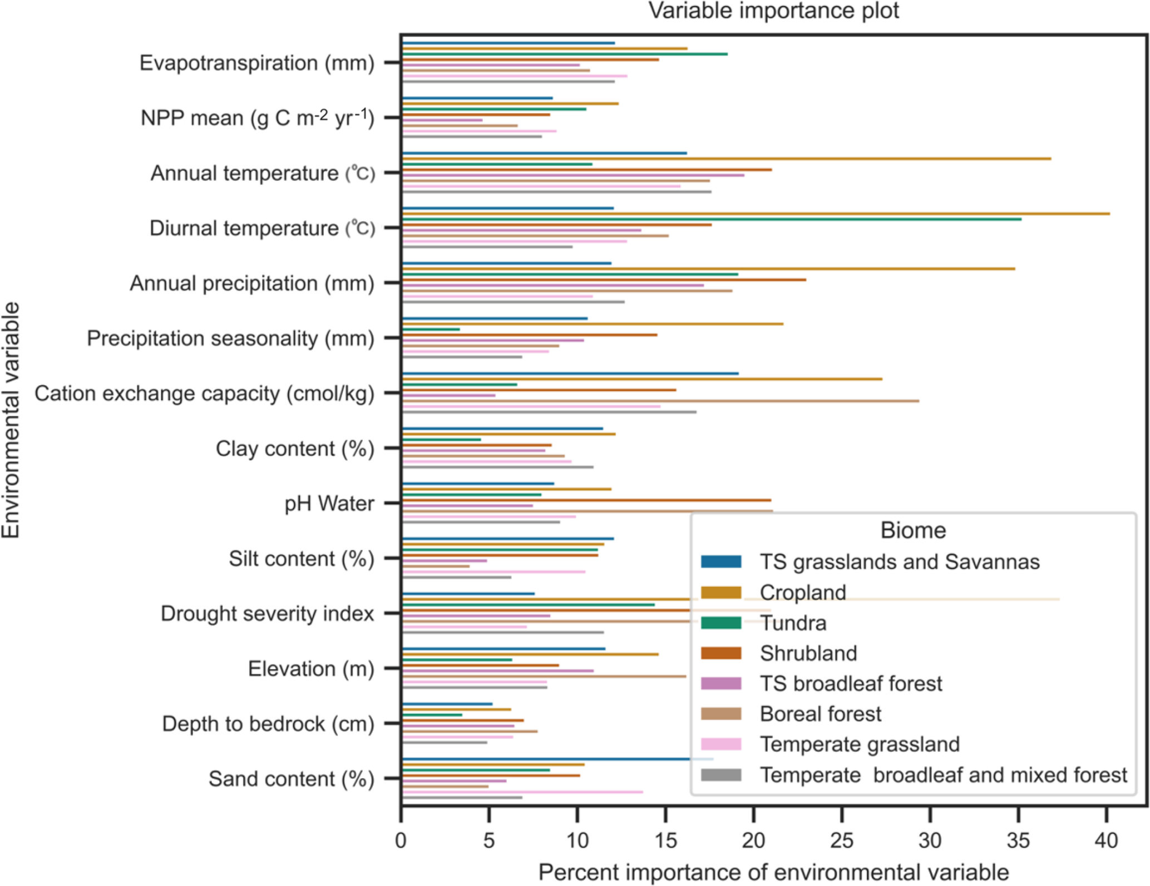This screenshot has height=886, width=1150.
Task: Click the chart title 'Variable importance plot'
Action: [773, 11]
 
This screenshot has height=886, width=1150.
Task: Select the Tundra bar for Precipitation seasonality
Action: [431, 329]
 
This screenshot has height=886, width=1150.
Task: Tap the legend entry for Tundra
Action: [792, 623]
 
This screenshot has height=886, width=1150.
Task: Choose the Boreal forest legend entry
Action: [820, 714]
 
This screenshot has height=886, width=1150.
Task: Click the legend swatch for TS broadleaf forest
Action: [721, 683]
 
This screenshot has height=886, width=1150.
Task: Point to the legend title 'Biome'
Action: [912, 530]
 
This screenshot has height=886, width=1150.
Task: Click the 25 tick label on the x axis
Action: [841, 840]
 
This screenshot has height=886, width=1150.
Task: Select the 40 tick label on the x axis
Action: [1105, 840]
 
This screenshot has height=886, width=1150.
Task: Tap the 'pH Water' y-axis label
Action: [329, 504]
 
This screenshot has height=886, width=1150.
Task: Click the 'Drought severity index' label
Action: [267, 613]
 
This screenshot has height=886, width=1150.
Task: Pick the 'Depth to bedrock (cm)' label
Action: [268, 723]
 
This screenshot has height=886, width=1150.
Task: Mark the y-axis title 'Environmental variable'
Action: [11, 420]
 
